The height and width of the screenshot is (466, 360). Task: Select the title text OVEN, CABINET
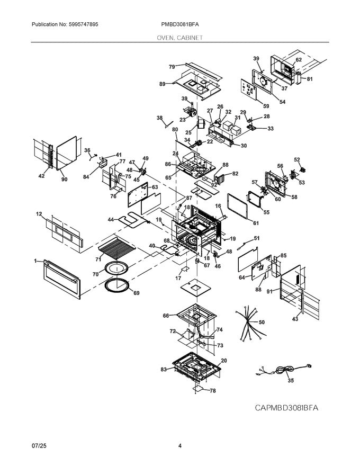click(179, 38)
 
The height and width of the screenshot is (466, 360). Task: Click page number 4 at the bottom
click(180, 446)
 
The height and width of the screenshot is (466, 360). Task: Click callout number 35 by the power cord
click(291, 380)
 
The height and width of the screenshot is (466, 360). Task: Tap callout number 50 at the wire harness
click(262, 322)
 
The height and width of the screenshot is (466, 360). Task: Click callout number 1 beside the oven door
click(35, 261)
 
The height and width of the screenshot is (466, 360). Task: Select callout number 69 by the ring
click(136, 293)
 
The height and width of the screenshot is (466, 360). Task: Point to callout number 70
click(96, 275)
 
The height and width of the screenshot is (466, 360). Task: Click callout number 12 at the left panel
click(39, 214)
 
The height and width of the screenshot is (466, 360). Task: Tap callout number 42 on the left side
click(41, 176)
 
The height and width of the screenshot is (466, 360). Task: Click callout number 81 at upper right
click(310, 79)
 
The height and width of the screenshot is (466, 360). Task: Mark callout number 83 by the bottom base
click(163, 369)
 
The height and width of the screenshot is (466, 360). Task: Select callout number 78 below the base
click(213, 391)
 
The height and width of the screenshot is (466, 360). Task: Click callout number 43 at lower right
click(295, 319)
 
